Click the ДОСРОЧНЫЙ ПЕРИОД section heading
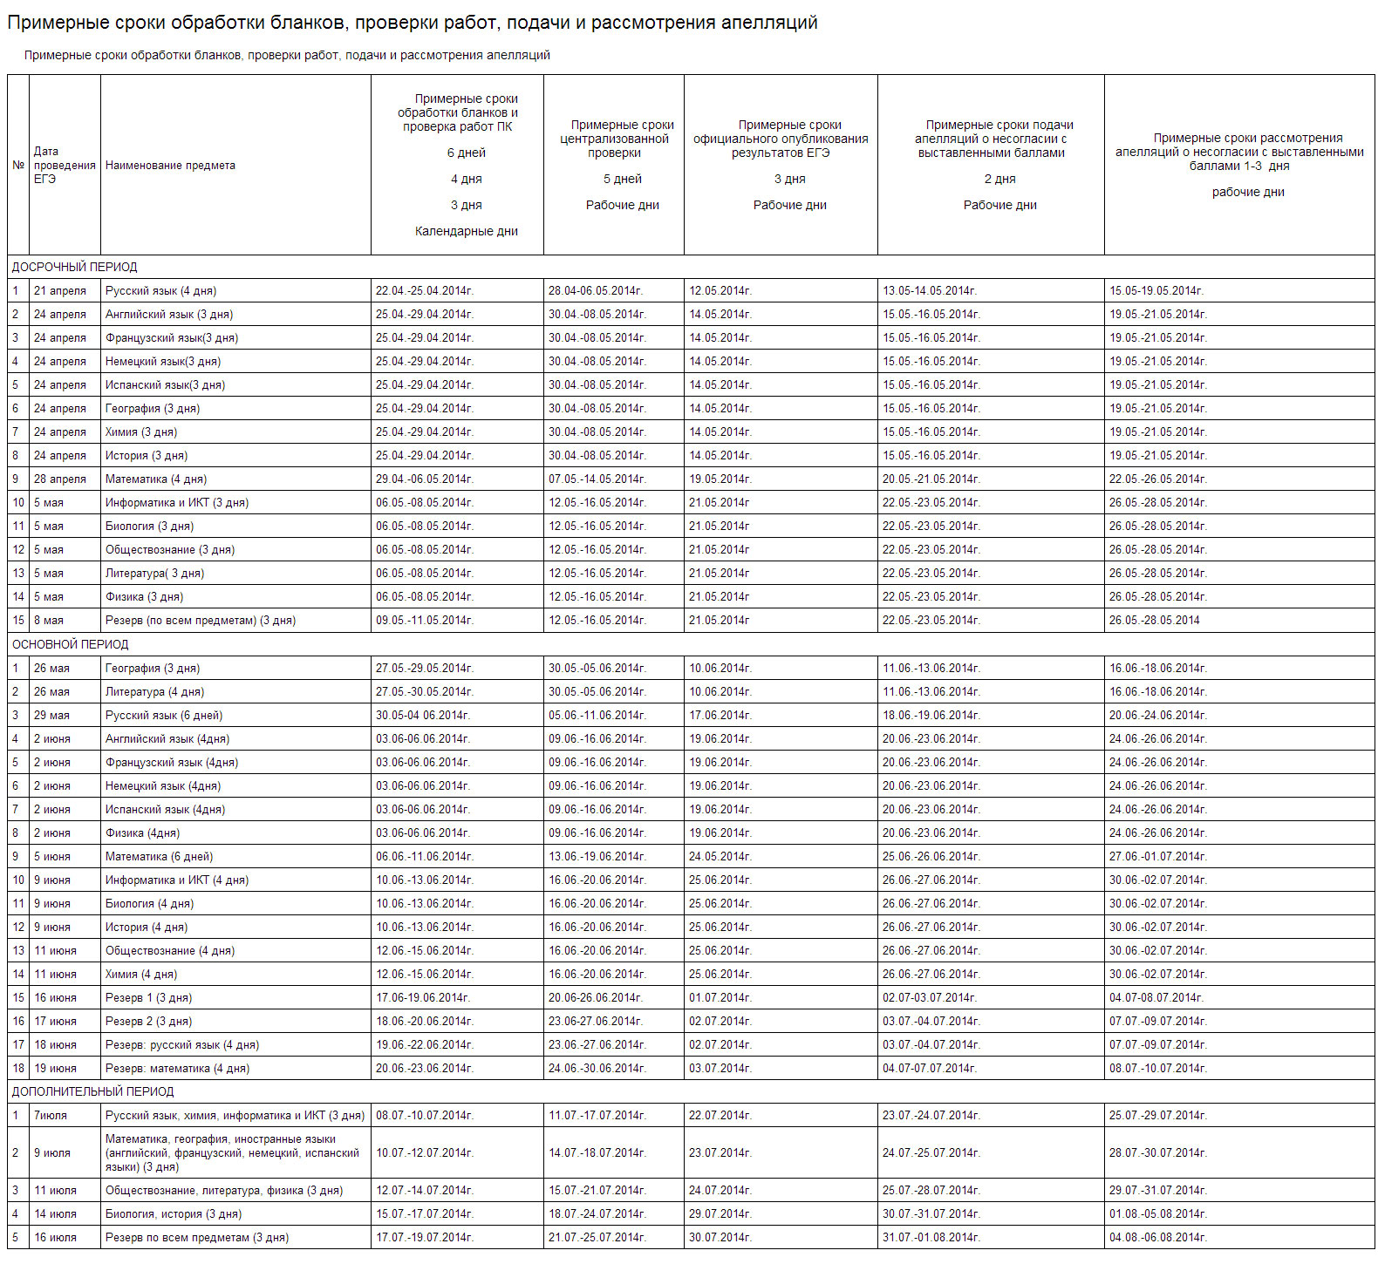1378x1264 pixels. [74, 267]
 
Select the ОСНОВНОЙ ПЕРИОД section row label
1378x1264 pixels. [70, 644]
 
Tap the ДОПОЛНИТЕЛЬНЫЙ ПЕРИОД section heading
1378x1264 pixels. [92, 1091]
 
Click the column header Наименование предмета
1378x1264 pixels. [170, 166]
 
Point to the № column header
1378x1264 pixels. [18, 166]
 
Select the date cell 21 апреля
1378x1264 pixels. [60, 291]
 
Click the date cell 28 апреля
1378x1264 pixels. [60, 479]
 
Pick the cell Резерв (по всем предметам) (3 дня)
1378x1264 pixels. [201, 621]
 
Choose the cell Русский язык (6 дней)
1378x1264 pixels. [164, 716]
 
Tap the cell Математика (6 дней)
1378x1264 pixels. [159, 857]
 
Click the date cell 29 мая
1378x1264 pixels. [51, 716]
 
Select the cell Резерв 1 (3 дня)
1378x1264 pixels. [148, 998]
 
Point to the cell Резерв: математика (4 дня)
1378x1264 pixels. [177, 1069]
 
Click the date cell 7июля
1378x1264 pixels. [51, 1116]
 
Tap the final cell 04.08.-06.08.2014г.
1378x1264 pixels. [1157, 1238]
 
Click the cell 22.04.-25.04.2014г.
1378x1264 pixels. [424, 291]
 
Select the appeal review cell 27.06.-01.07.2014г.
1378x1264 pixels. [1157, 857]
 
